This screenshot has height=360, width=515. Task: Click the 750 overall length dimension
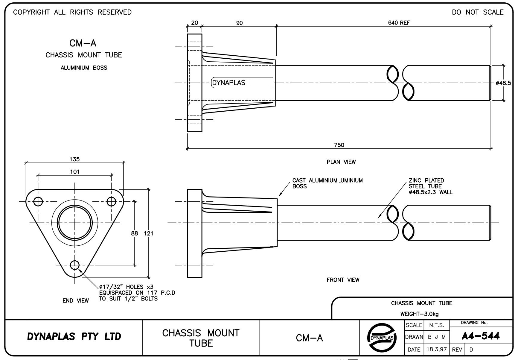coord(339,145)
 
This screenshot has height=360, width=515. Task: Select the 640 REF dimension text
coord(399,23)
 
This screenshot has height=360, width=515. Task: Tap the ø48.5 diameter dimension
coord(503,83)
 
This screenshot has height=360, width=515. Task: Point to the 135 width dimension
coord(74,159)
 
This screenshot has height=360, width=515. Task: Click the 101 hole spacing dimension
coord(75,171)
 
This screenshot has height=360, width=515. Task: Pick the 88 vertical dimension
coord(135,233)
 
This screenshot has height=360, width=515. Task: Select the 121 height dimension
coord(148,233)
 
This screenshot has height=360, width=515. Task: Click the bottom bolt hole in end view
coord(74,265)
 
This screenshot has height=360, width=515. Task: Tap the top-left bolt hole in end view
coord(38,201)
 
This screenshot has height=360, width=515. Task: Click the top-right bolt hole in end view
coord(111,201)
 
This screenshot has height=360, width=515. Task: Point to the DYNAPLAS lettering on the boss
coord(228,83)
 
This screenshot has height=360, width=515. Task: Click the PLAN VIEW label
coord(341,162)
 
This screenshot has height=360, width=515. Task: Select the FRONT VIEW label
coord(343,280)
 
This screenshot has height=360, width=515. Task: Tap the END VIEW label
coord(76,300)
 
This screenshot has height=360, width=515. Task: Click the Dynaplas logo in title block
coord(382,337)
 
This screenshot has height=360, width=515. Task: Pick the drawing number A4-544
coord(480,336)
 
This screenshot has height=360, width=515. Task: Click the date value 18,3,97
coord(437,349)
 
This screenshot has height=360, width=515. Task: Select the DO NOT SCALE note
coord(478,12)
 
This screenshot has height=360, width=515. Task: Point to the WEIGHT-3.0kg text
coord(419,314)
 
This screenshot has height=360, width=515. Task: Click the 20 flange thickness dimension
coord(194,23)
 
